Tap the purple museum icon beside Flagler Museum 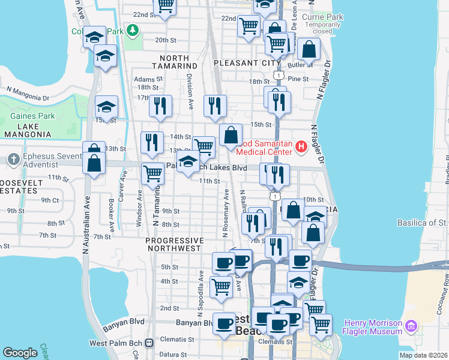pyautogui.click(x=411, y=326)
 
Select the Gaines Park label pyautogui.click(x=32, y=116)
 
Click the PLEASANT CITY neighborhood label pyautogui.click(x=247, y=62)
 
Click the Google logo pyautogui.click(x=20, y=353)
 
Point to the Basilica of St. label pyautogui.click(x=423, y=223)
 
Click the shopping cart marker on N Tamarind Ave pyautogui.click(x=153, y=173)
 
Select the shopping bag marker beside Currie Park pyautogui.click(x=309, y=50)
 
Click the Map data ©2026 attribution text pyautogui.click(x=423, y=355)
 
